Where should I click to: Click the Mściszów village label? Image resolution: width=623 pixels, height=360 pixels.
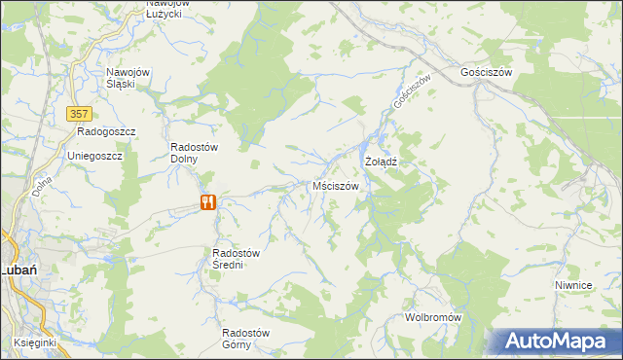point(336,185)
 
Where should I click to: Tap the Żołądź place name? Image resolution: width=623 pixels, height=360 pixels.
point(383,160)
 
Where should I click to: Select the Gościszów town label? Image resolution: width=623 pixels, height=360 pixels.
point(486,72)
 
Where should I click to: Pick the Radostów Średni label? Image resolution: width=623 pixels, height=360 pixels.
point(235,259)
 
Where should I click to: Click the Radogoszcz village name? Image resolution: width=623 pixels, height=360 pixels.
point(106,130)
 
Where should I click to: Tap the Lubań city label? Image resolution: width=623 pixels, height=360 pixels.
point(18,270)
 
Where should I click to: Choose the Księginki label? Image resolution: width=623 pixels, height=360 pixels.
point(35,342)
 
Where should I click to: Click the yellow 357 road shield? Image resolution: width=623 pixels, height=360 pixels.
point(81,114)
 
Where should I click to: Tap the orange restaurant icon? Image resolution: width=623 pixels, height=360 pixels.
point(207,202)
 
